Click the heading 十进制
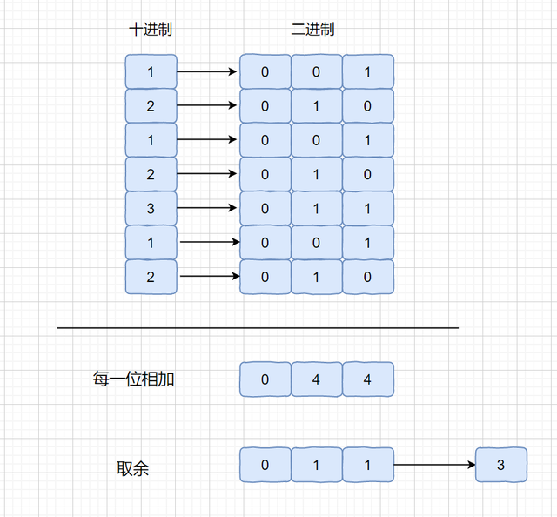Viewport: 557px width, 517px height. (151, 29)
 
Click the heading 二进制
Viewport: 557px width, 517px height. (312, 29)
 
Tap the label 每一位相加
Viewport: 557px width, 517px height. (133, 379)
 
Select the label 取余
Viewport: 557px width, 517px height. (132, 468)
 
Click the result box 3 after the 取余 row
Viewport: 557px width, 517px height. (501, 465)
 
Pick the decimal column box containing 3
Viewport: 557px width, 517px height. (151, 209)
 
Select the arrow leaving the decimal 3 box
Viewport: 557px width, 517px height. (207, 208)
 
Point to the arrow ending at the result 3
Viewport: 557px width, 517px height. (434, 465)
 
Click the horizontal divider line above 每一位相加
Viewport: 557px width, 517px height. (258, 327)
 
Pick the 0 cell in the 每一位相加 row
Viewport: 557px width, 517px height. (265, 379)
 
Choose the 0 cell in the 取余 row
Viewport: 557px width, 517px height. (265, 465)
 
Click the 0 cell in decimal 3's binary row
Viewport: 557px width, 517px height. (265, 209)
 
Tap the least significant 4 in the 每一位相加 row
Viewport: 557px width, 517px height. (367, 379)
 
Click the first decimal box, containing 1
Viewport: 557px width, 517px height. (151, 71)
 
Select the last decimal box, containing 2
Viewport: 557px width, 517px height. (151, 277)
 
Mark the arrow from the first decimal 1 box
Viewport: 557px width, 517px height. (207, 71)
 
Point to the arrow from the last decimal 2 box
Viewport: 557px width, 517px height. (210, 276)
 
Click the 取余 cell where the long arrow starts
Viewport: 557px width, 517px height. (367, 465)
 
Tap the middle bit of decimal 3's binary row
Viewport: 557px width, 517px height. (317, 209)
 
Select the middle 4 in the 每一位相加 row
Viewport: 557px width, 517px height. (317, 379)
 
